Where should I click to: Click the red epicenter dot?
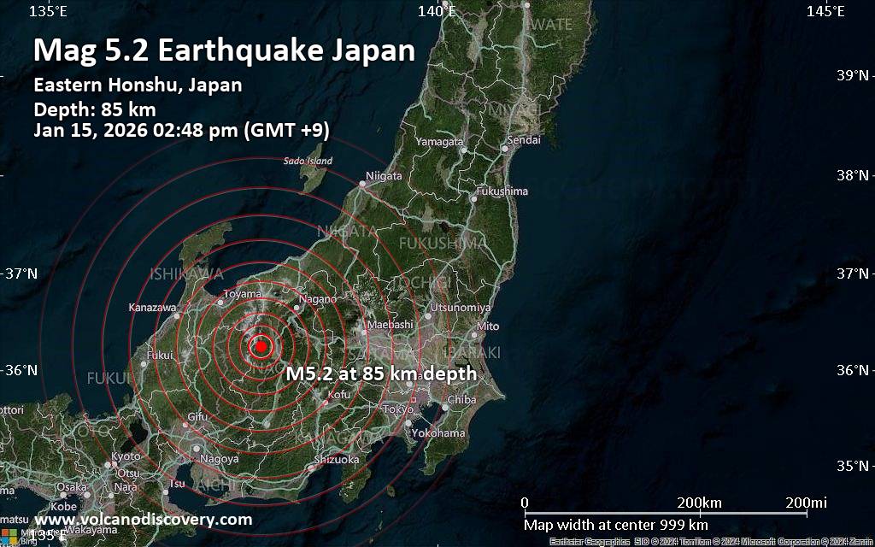tap(261, 346)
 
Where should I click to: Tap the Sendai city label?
tap(524, 139)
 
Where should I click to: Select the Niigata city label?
tap(384, 176)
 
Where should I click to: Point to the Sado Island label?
tap(308, 161)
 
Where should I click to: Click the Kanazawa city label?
tap(152, 307)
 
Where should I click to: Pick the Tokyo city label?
tap(398, 409)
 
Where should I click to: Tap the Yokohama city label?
tap(437, 433)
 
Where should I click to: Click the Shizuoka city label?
tap(337, 460)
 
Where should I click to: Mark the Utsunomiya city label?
tap(461, 307)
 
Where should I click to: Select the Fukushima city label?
tap(502, 191)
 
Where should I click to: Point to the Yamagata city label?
tap(440, 141)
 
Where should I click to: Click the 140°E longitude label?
tap(437, 11)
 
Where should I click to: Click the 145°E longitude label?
tap(825, 11)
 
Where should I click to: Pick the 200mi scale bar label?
tap(807, 502)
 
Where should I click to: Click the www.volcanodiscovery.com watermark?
tap(143, 520)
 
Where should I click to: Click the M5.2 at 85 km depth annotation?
tap(381, 373)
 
